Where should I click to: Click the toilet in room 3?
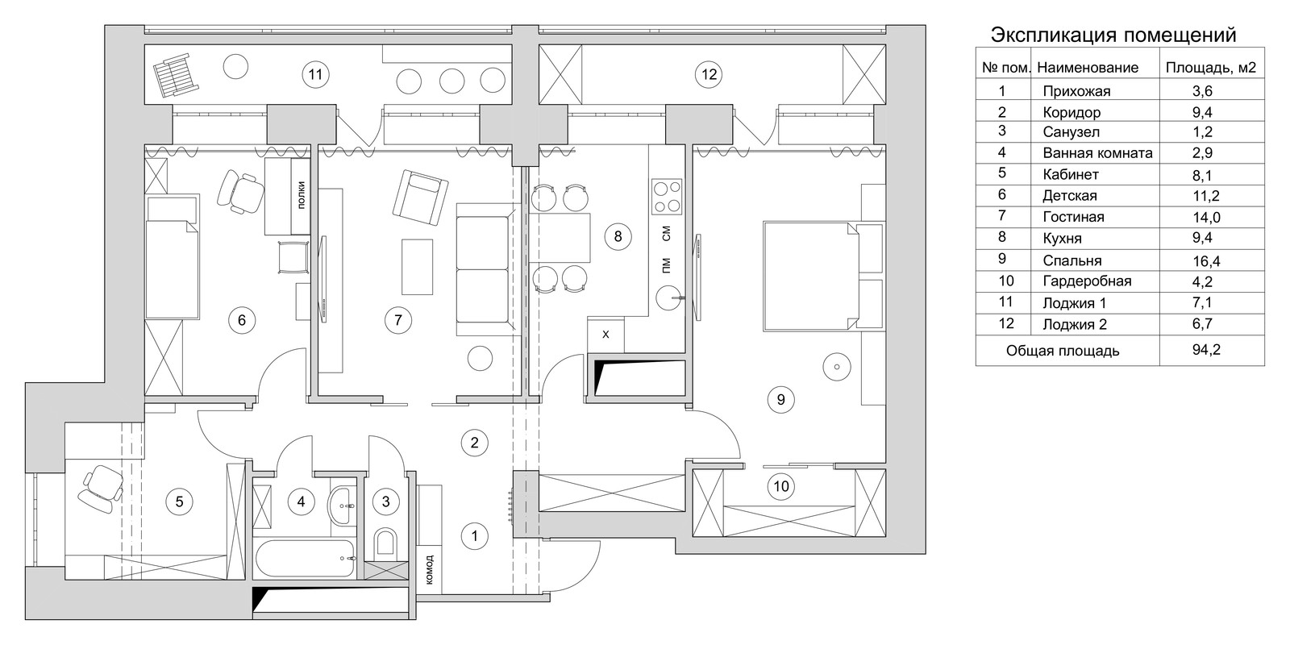point(385,543)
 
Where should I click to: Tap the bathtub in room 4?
point(306,558)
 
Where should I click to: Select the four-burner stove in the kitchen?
point(667,197)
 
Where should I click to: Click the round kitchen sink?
point(669,298)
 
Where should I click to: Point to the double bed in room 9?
point(811,277)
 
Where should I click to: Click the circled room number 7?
point(398,319)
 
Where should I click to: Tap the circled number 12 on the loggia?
point(709,74)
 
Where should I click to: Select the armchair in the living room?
point(420,198)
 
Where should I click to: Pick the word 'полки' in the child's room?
point(302,194)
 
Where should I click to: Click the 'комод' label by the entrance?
point(429,570)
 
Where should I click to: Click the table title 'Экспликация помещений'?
point(1113,35)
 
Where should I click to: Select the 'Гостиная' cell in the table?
point(1073,217)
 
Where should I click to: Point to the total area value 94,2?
point(1206,350)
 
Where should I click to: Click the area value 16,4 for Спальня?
point(1206,261)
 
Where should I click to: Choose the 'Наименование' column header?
point(1088,68)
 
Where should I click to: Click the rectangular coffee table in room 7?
point(417,267)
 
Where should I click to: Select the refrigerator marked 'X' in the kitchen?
point(605,334)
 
